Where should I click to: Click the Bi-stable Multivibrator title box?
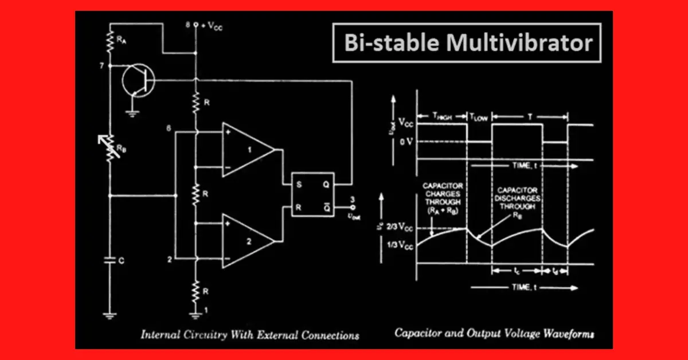(467, 44)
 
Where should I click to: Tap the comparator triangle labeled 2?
(247, 240)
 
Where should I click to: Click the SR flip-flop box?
(312, 193)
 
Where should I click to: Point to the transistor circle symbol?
(138, 80)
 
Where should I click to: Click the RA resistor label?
(121, 40)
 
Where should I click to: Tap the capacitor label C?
(121, 261)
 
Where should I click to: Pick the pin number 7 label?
(101, 66)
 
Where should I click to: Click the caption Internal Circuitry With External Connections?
(249, 335)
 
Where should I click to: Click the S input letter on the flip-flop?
(299, 185)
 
